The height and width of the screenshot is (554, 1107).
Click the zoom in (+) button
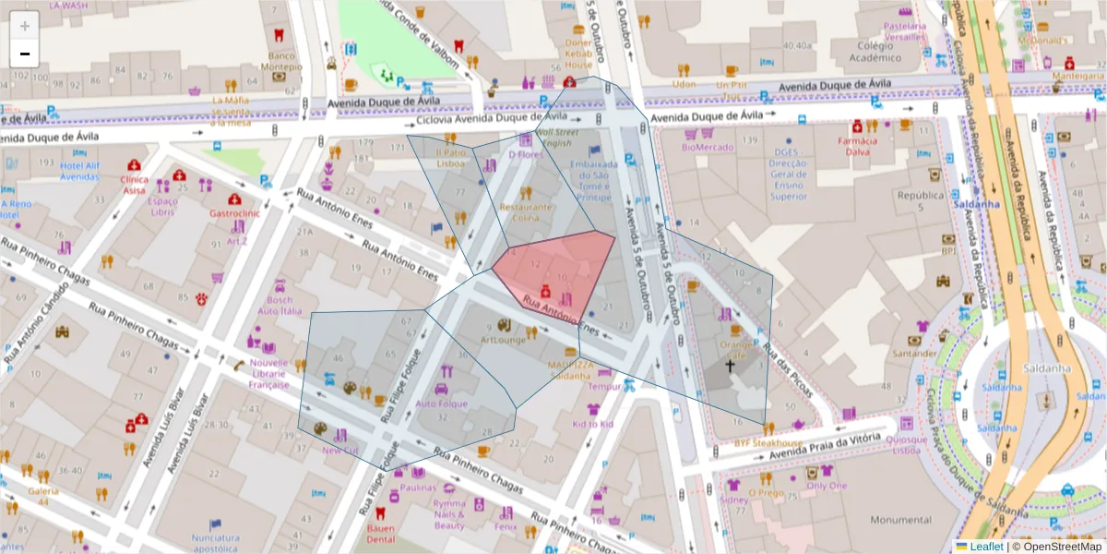(x=25, y=26)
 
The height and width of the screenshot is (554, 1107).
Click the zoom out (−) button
(x=25, y=54)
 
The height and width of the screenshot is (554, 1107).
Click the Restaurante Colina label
(x=526, y=212)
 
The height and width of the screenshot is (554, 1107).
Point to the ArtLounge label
(x=503, y=340)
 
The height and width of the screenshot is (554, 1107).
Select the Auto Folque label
(x=437, y=403)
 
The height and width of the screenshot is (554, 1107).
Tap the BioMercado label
(x=708, y=147)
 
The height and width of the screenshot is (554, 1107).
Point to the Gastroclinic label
(x=237, y=212)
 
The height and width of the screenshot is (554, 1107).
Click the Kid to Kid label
(x=593, y=424)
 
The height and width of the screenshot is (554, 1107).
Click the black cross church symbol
(x=730, y=366)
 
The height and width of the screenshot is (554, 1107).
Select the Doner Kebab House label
(x=578, y=54)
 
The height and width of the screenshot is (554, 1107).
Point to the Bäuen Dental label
(x=380, y=534)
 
